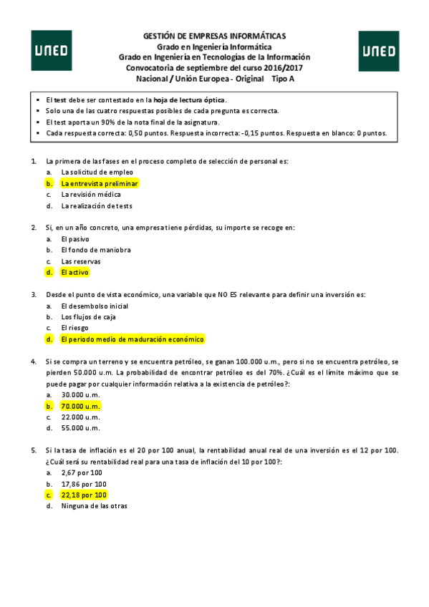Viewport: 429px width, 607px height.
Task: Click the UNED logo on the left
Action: pyautogui.click(x=51, y=51)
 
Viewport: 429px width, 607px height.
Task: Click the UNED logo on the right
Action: pyautogui.click(x=378, y=51)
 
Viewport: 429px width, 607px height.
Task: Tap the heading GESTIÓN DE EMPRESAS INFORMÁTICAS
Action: pyautogui.click(x=215, y=35)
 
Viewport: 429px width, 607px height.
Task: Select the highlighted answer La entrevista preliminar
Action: pyautogui.click(x=99, y=183)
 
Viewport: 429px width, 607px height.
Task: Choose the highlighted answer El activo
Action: pyautogui.click(x=75, y=272)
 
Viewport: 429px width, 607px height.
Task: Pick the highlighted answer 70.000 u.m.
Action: pyautogui.click(x=81, y=405)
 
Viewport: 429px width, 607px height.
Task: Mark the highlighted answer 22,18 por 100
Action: pyautogui.click(x=84, y=495)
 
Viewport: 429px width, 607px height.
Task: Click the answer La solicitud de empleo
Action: pyautogui.click(x=97, y=173)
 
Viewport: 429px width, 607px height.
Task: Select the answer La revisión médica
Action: pyautogui.click(x=91, y=195)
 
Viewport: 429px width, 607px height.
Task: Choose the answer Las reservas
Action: pyautogui.click(x=81, y=261)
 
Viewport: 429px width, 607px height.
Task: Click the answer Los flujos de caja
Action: pyautogui.click(x=89, y=316)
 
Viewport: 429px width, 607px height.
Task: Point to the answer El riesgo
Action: pyautogui.click(x=74, y=328)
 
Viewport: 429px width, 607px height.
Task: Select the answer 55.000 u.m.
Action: pyautogui.click(x=81, y=428)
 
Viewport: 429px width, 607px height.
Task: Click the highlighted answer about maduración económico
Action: pyautogui.click(x=132, y=339)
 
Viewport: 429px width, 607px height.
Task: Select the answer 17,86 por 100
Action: pyautogui.click(x=84, y=484)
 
